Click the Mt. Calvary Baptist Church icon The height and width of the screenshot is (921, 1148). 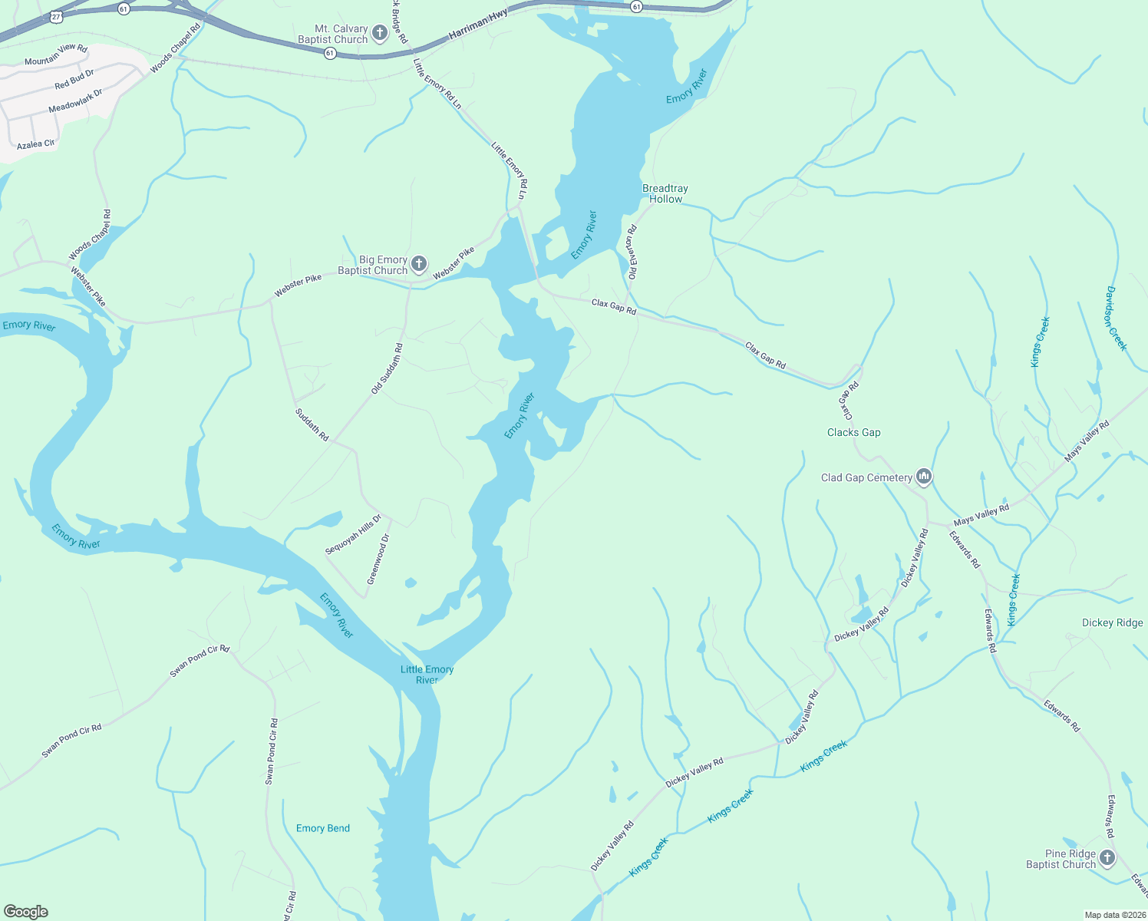tap(379, 33)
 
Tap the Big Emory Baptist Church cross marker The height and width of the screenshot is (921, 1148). tap(418, 265)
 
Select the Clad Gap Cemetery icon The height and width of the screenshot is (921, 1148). tap(924, 477)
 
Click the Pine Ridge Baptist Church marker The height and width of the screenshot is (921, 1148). tap(1107, 858)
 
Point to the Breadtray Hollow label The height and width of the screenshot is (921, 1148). tap(665, 193)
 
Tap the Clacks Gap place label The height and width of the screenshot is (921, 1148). tap(853, 432)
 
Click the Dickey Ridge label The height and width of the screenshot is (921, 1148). tap(1112, 622)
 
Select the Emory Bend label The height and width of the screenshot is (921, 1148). tap(322, 828)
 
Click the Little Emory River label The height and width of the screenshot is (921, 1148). tap(427, 675)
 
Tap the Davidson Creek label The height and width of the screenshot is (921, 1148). tap(1116, 319)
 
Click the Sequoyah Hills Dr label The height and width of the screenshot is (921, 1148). tap(353, 535)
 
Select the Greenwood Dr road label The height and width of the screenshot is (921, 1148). tap(378, 560)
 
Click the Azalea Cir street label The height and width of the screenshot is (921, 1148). tap(35, 144)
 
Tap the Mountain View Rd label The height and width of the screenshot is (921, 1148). tap(56, 54)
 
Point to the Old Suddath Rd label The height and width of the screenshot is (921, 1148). tap(387, 369)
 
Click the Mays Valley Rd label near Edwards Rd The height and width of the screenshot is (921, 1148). tap(981, 514)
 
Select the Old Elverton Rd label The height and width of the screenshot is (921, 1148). tap(632, 253)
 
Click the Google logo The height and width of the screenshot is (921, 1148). tap(26, 912)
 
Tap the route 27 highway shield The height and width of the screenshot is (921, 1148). tap(56, 15)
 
